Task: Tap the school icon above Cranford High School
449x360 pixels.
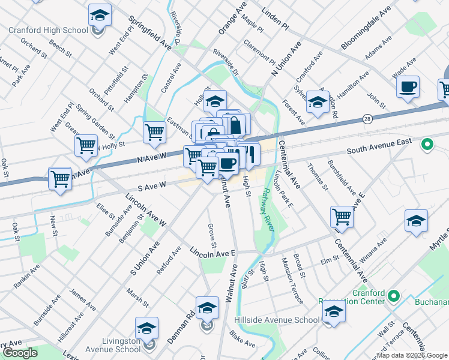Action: coord(100,14)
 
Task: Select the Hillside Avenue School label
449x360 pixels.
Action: coord(284,320)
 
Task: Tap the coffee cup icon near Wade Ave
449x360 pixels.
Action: coord(408,86)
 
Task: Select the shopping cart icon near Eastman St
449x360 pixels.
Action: coord(155,132)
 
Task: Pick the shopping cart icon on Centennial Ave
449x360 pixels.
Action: coord(342,217)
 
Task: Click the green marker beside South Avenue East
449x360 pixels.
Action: coord(427,144)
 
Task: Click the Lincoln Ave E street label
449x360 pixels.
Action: coord(213,253)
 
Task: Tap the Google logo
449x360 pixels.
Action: coord(20,353)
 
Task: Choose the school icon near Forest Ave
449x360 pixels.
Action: coord(317,101)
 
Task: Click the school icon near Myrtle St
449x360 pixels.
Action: coord(415,220)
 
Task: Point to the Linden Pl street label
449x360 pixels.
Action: coord(276,16)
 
